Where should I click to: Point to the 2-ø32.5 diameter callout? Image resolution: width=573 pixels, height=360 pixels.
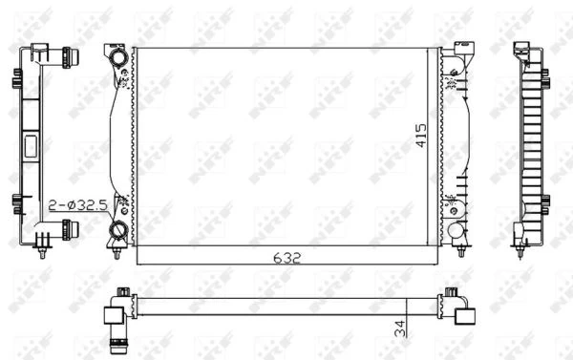[74, 204]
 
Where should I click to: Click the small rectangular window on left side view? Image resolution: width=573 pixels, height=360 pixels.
[29, 146]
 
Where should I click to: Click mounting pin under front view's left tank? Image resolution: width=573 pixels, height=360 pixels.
[115, 251]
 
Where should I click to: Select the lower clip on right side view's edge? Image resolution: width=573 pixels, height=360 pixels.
[544, 201]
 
